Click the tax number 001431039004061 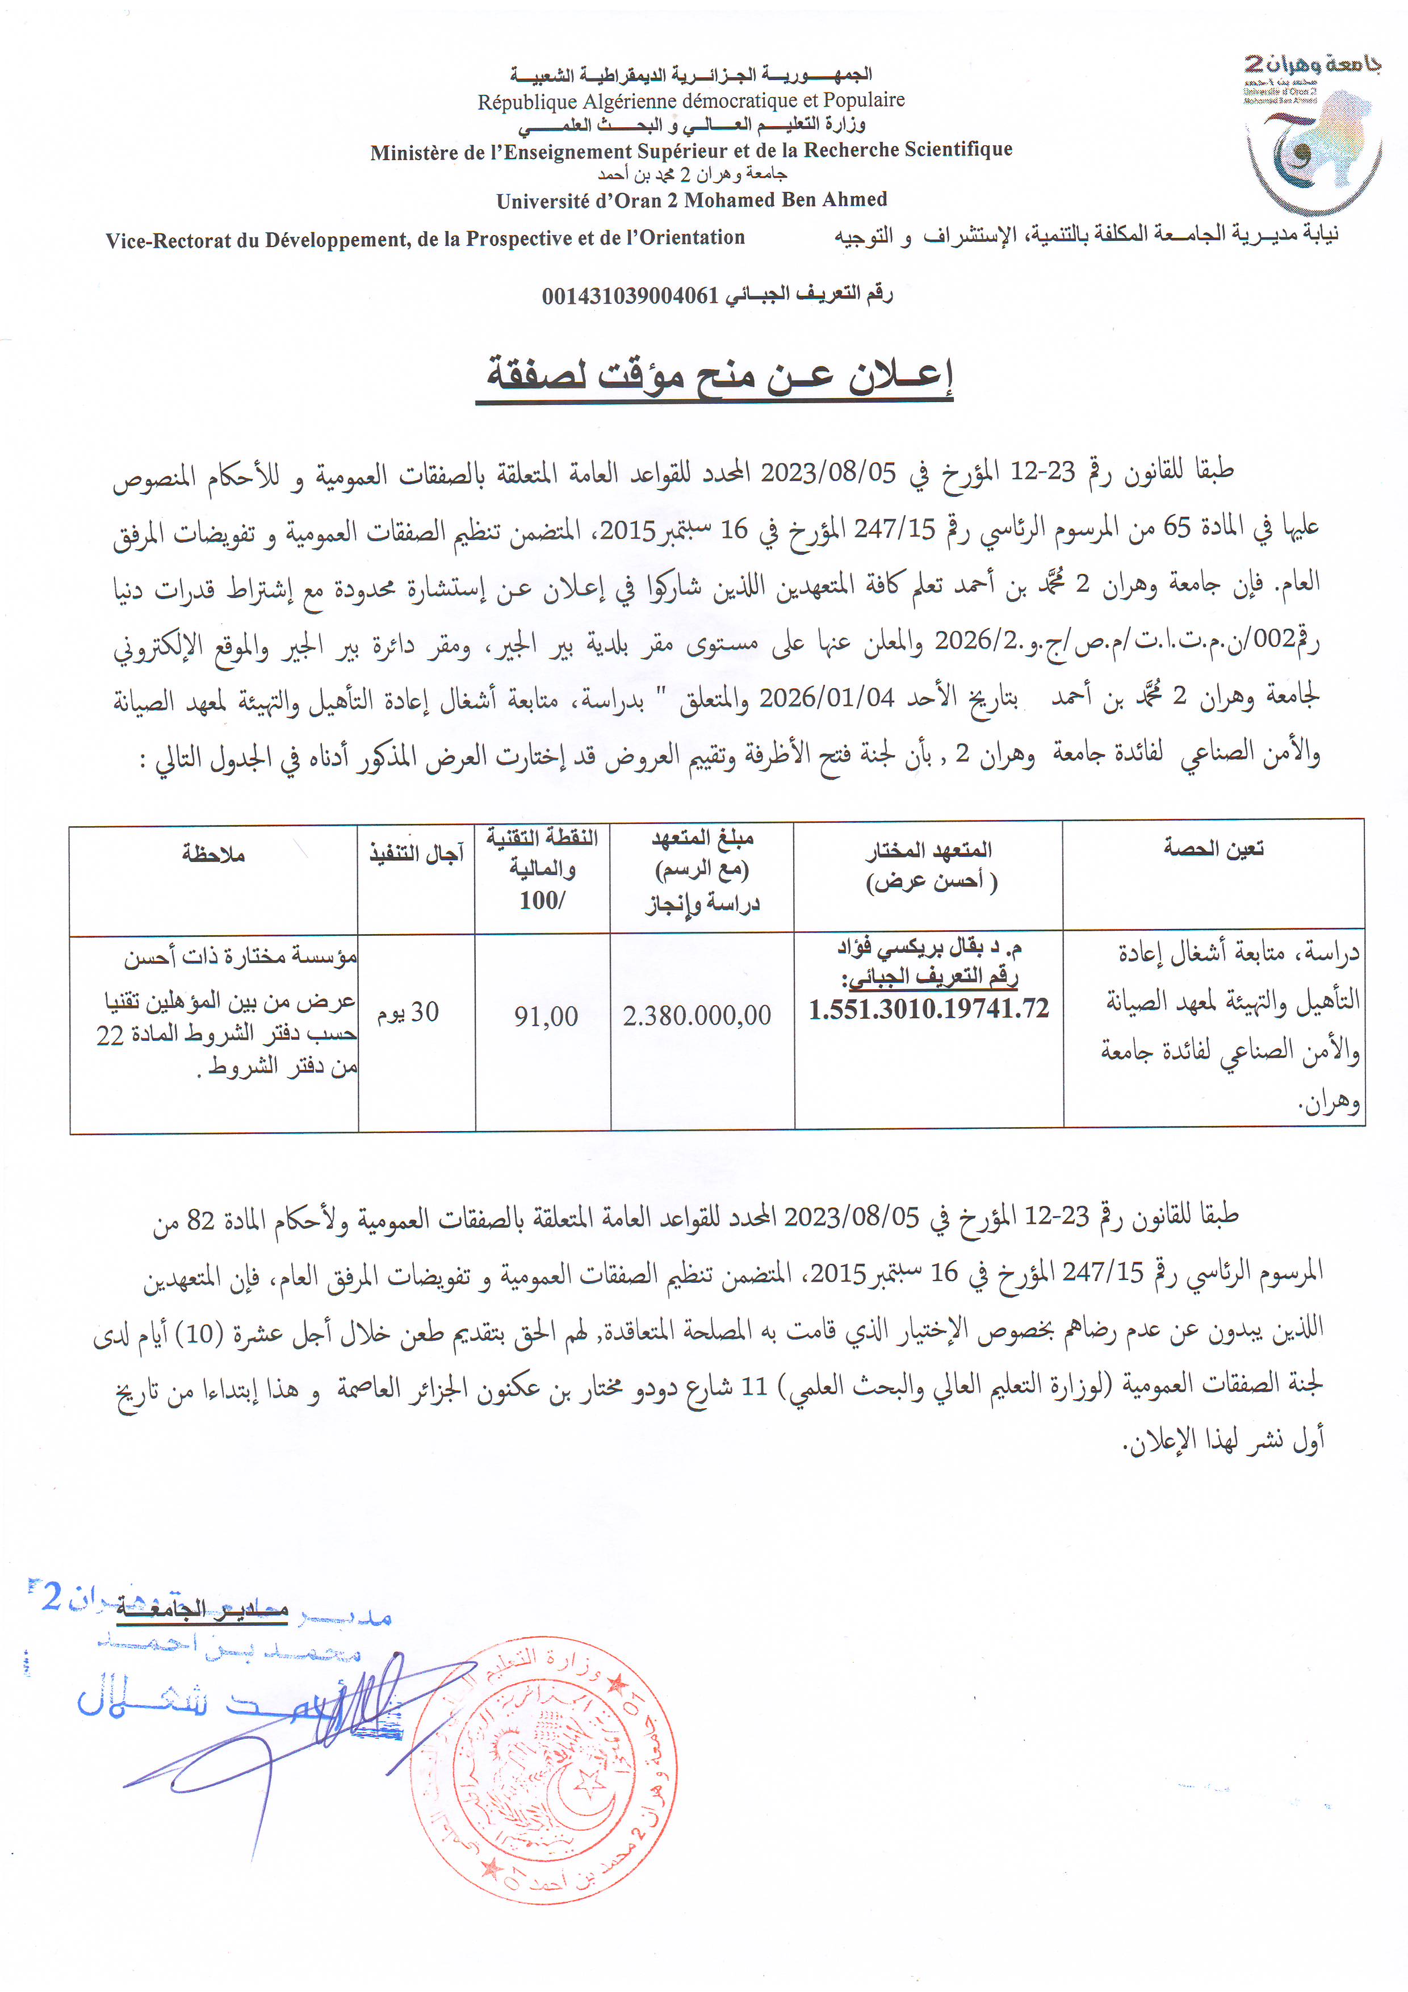(630, 296)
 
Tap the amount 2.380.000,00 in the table (697, 1016)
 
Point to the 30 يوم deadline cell (408, 1012)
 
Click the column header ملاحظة (213, 855)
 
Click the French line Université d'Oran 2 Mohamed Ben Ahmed (692, 200)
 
